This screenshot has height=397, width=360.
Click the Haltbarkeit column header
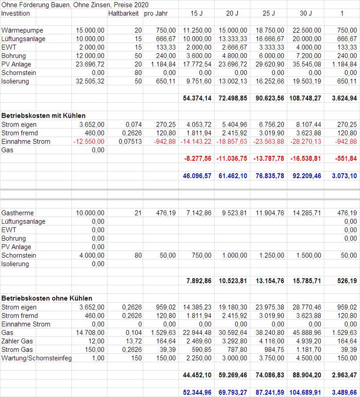tap(124, 13)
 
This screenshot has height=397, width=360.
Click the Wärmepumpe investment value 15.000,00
tap(90, 31)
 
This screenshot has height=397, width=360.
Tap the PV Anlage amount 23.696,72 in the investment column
tap(90, 65)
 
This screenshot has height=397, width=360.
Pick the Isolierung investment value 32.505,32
tap(90, 81)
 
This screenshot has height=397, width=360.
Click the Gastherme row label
tap(18, 213)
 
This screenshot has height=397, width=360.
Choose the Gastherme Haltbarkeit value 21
tap(138, 213)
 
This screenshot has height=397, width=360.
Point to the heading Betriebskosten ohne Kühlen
tap(47, 298)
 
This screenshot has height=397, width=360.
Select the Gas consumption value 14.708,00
tap(90, 332)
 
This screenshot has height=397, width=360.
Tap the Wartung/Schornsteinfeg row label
tap(37, 358)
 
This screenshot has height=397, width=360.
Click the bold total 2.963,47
tap(343, 375)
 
